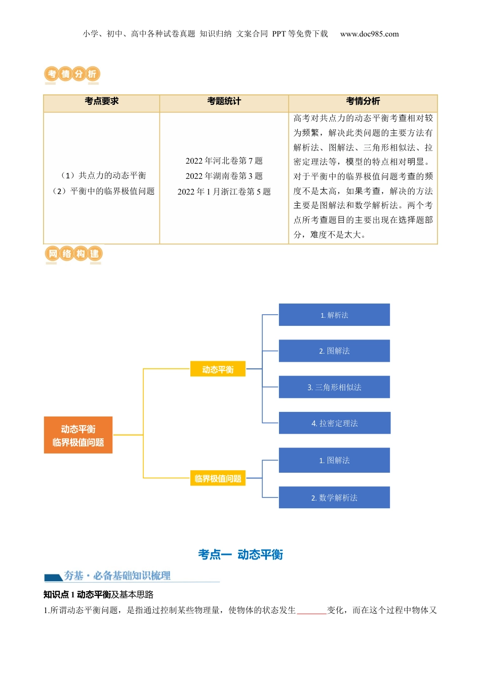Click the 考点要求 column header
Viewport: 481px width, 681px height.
[102, 101]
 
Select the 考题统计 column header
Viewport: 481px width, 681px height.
[224, 101]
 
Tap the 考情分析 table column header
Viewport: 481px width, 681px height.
[363, 101]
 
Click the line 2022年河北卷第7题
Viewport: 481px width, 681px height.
[224, 161]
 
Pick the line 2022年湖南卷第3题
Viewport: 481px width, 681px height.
[224, 176]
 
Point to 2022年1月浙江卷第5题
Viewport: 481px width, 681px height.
[224, 192]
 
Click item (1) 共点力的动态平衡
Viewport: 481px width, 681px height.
[103, 176]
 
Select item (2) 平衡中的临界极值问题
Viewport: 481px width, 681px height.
[103, 191]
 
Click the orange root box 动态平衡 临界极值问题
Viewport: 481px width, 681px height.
[78, 435]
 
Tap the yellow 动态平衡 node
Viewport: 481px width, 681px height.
[218, 369]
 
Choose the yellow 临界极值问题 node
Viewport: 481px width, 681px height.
[218, 478]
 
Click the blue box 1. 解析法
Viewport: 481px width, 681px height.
[334, 315]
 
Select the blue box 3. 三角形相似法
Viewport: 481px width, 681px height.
[334, 387]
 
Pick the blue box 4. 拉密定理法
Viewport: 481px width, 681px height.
[334, 423]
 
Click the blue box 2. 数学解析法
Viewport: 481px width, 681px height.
[334, 498]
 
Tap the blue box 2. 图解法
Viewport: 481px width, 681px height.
[334, 351]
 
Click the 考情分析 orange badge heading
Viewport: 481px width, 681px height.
[72, 74]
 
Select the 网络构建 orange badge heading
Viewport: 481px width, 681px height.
[73, 254]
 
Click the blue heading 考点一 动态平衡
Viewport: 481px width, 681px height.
[240, 555]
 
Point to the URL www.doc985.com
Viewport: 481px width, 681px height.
[369, 34]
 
